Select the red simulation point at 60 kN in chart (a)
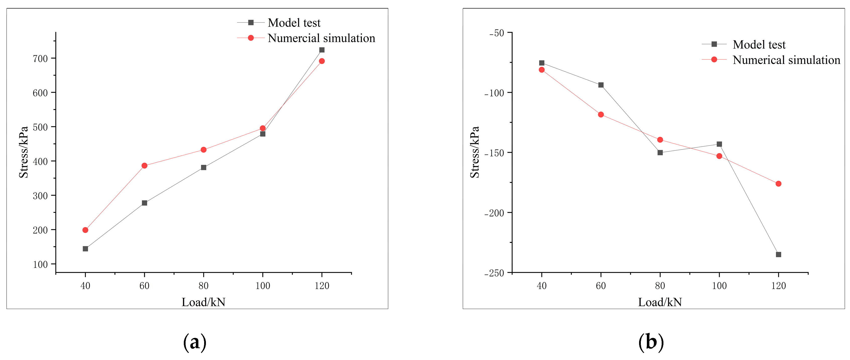[x=144, y=166]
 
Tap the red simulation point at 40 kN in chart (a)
[x=85, y=230]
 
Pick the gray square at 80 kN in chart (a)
[x=204, y=168]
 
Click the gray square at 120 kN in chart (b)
[x=778, y=254]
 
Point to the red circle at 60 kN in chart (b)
[x=601, y=115]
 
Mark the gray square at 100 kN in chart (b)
[x=719, y=144]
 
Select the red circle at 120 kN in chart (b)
[x=778, y=184]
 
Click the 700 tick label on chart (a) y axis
[x=40, y=59]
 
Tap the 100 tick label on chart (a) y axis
[x=40, y=264]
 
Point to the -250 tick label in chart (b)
[x=494, y=273]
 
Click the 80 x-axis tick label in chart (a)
[x=204, y=286]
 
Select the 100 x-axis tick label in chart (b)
[x=719, y=286]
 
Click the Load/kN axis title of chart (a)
[x=204, y=302]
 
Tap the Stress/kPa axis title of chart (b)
[x=475, y=152]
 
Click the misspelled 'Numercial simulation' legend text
[x=321, y=38]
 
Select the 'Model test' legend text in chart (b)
[x=759, y=44]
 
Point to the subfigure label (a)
[x=195, y=342]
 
